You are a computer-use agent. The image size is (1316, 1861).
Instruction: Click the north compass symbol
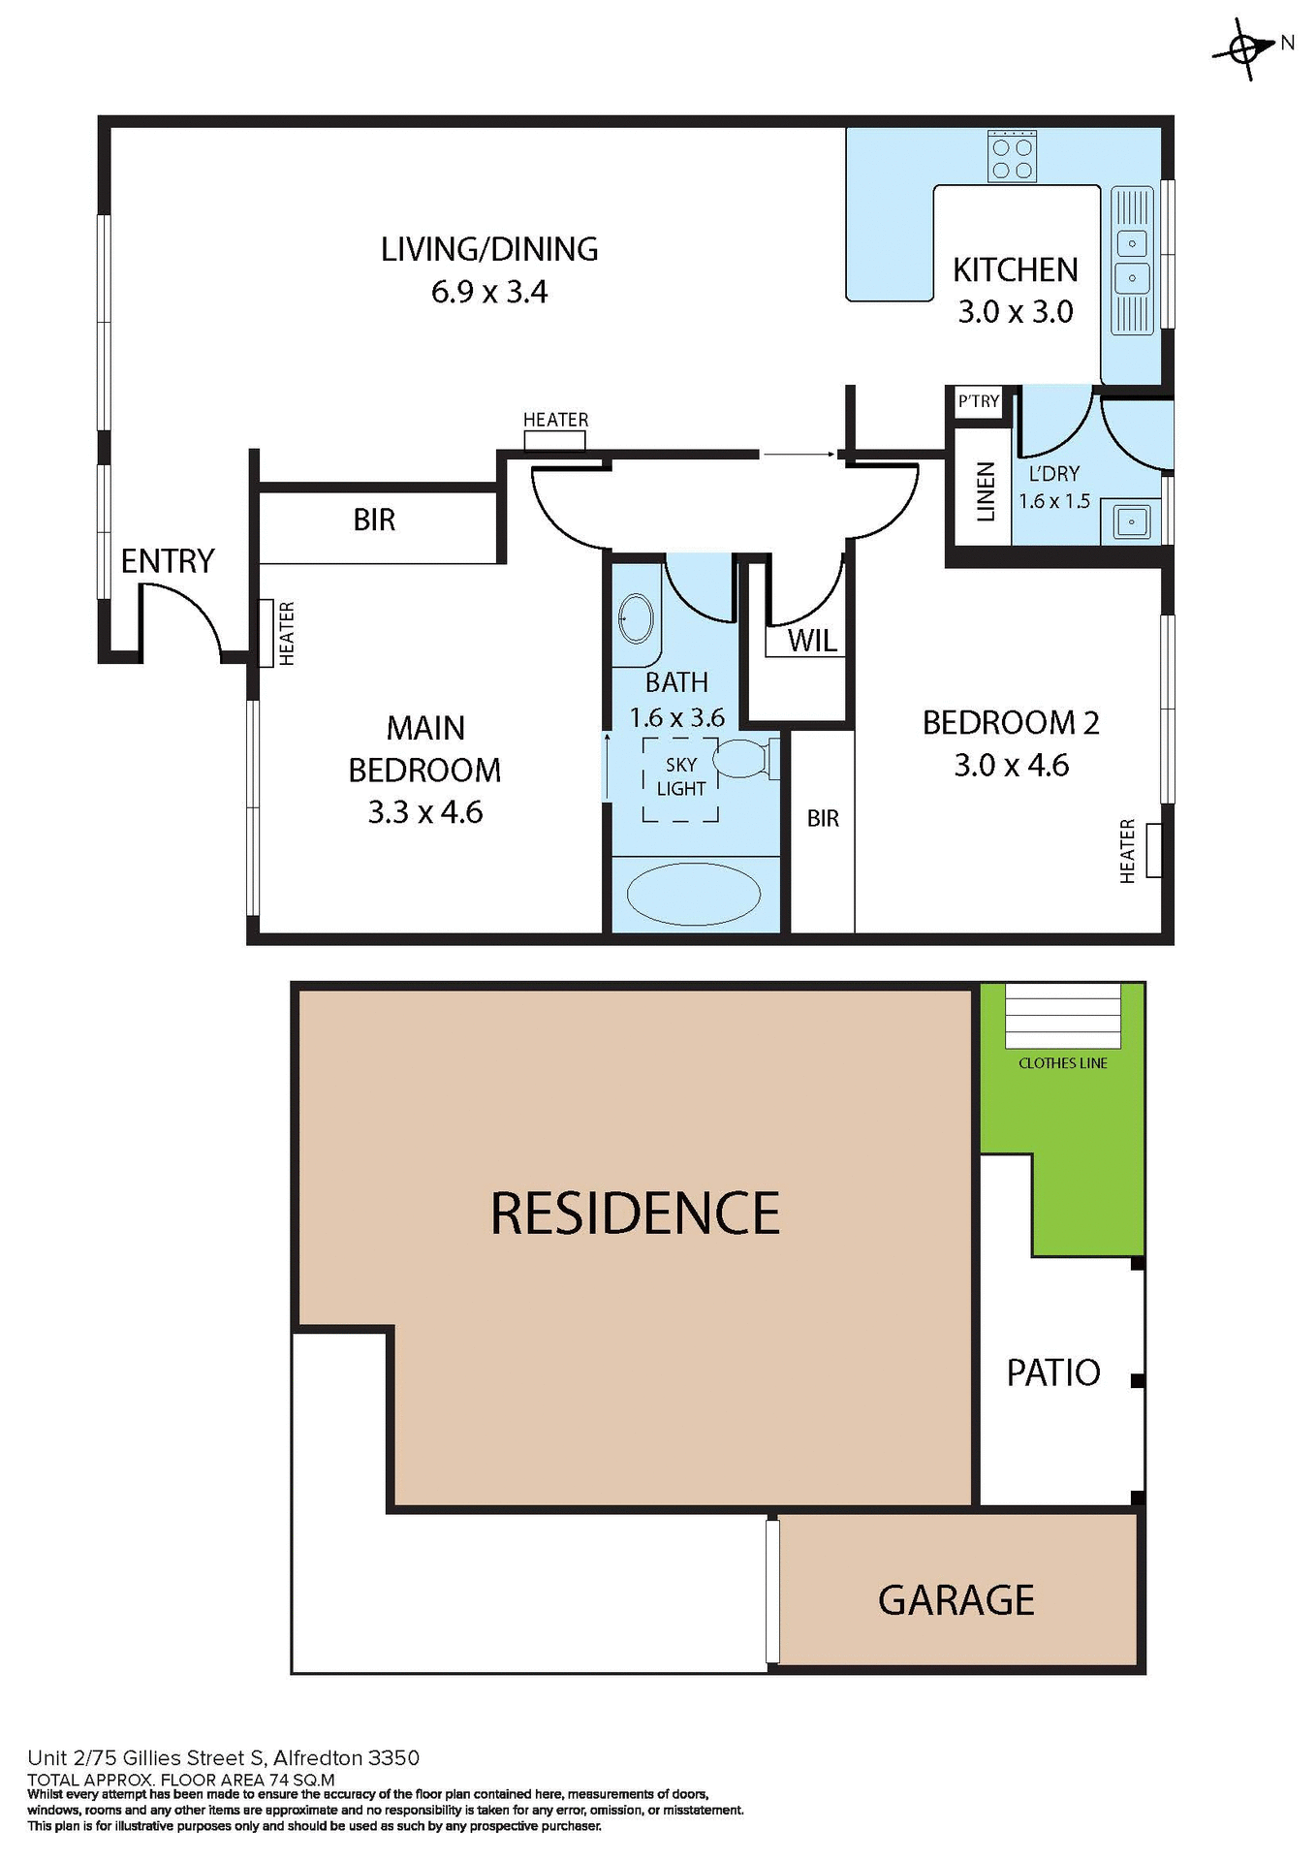(x=1244, y=47)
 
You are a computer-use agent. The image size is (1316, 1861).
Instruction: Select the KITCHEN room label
(x=1015, y=269)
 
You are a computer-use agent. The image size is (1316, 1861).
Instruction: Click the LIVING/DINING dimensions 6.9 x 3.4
(x=489, y=292)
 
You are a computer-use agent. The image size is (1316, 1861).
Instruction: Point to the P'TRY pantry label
(x=978, y=401)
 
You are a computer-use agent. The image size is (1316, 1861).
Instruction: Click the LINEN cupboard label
(x=985, y=491)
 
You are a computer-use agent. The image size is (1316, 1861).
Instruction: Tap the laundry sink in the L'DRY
(x=1131, y=521)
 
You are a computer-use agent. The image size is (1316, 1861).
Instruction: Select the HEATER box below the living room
(x=554, y=441)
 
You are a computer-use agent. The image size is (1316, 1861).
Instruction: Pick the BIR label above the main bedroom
(x=374, y=520)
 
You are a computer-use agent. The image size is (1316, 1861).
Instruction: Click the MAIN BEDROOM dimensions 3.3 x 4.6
(x=424, y=812)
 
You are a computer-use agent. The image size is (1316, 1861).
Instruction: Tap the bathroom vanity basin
(x=636, y=617)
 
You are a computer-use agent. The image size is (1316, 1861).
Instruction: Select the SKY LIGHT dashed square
(x=680, y=778)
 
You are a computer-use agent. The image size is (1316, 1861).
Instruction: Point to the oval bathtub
(x=694, y=894)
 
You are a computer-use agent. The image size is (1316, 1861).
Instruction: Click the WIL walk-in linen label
(x=811, y=641)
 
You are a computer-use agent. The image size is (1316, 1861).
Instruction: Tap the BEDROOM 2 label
(x=1010, y=723)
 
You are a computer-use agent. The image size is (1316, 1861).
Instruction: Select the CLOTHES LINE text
(x=1062, y=1063)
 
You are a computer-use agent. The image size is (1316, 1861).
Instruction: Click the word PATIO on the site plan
(x=1052, y=1373)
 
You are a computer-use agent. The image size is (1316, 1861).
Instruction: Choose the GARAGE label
(x=956, y=1600)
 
